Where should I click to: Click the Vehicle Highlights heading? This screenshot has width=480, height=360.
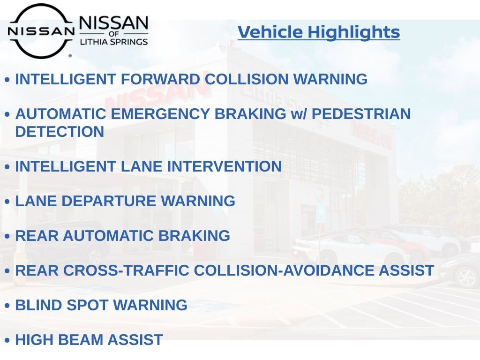click(x=319, y=32)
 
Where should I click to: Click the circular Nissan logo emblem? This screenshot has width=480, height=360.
click(x=41, y=31)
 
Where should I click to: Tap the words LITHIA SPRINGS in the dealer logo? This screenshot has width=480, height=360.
click(x=114, y=42)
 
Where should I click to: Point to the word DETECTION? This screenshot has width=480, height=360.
click(x=60, y=132)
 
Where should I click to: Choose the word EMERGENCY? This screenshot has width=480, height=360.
click(x=165, y=114)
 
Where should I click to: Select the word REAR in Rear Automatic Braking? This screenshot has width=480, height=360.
click(x=37, y=236)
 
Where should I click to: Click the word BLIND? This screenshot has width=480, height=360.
click(x=39, y=305)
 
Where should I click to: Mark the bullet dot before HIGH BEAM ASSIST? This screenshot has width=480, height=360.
click(x=7, y=341)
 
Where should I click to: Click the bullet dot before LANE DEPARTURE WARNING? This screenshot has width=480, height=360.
click(x=7, y=202)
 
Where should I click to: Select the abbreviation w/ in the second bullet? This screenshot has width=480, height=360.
click(x=299, y=114)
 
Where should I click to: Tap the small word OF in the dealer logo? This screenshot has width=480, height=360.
click(x=114, y=33)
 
